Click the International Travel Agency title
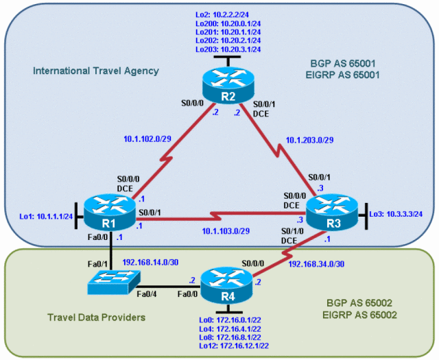pyautogui.click(x=95, y=70)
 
